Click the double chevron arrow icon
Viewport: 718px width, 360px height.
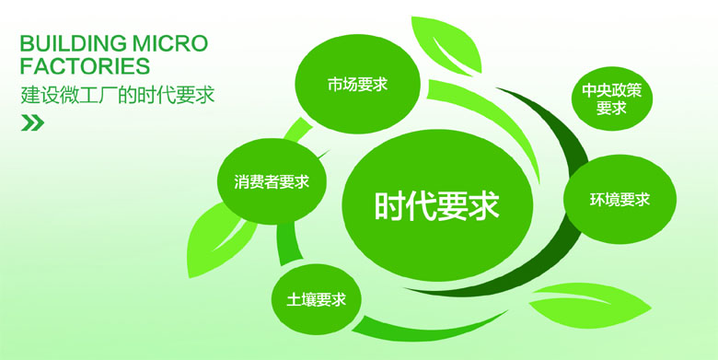click(32, 123)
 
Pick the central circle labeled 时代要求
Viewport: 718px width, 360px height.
click(436, 204)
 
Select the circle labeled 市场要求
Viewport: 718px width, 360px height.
click(357, 84)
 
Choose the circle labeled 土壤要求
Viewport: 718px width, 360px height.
click(316, 299)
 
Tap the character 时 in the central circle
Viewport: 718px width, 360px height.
click(389, 205)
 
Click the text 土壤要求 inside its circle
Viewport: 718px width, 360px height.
click(316, 299)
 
